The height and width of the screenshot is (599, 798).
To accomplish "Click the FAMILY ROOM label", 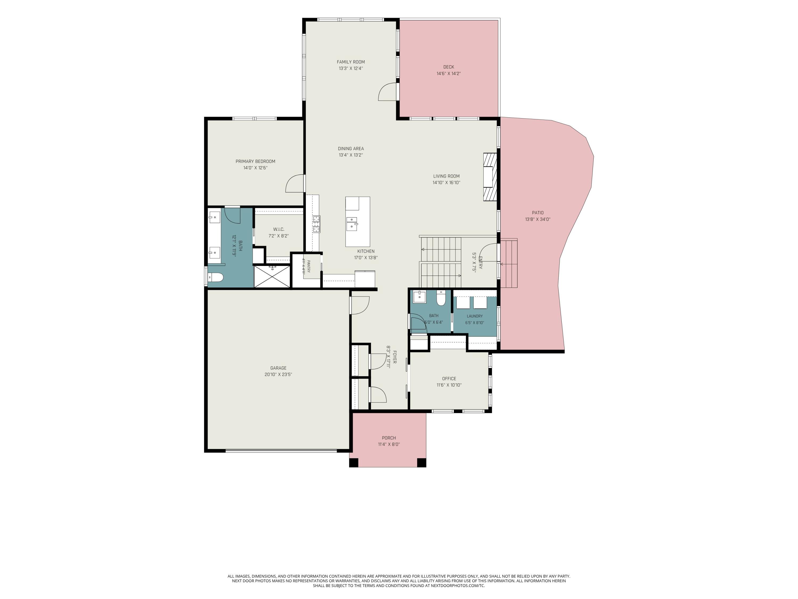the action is pyautogui.click(x=351, y=62).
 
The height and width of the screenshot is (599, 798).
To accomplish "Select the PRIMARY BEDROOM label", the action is pyautogui.click(x=255, y=161).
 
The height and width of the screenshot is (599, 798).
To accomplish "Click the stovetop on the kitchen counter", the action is pyautogui.click(x=316, y=224).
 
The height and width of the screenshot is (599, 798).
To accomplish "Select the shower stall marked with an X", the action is pyautogui.click(x=272, y=277).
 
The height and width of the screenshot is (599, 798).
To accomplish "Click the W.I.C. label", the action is pyautogui.click(x=279, y=229).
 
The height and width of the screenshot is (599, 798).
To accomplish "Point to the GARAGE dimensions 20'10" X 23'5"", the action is pyautogui.click(x=278, y=374).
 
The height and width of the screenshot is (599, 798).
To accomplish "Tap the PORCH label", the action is pyautogui.click(x=389, y=438).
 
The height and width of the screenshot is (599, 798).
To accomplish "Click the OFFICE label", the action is pyautogui.click(x=449, y=378).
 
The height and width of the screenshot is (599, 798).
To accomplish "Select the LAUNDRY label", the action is pyautogui.click(x=475, y=316).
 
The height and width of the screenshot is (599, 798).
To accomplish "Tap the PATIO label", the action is pyautogui.click(x=538, y=213).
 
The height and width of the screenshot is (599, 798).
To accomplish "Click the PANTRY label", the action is pyautogui.click(x=309, y=266).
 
